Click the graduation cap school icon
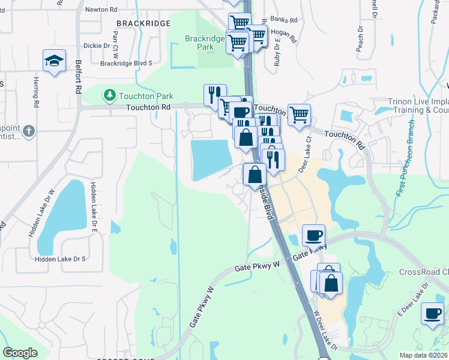pyautogui.click(x=54, y=61)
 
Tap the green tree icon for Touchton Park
pyautogui.click(x=109, y=95)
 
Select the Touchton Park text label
pyautogui.click(x=146, y=96)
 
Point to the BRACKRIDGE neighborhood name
pyautogui.click(x=143, y=23)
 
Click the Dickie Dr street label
pyautogui.click(x=97, y=45)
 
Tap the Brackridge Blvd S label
pyautogui.click(x=127, y=62)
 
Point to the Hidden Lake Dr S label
pyautogui.click(x=60, y=259)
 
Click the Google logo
pyautogui.click(x=20, y=353)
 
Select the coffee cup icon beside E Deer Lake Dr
pyautogui.click(x=432, y=313)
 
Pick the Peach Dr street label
pyautogui.click(x=360, y=38)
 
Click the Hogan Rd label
pyautogui.click(x=284, y=37)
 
